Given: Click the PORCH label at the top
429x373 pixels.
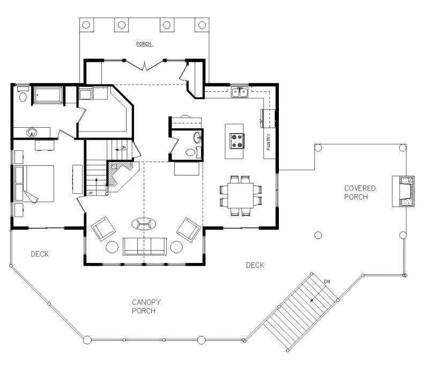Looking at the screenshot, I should (143, 44).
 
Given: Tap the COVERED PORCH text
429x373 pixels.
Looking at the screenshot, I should (360, 193).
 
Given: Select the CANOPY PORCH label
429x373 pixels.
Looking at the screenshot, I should (146, 306).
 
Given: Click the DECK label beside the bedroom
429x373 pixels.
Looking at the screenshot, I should (40, 254).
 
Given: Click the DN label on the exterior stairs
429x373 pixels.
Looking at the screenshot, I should (327, 281).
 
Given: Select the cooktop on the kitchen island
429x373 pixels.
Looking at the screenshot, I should (236, 141).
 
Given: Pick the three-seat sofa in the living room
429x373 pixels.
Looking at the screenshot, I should (144, 246).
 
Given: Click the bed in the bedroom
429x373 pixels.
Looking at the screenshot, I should (35, 184).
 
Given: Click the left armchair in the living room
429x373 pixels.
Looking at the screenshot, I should (103, 229).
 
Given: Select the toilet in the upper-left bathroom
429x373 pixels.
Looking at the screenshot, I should (23, 97).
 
